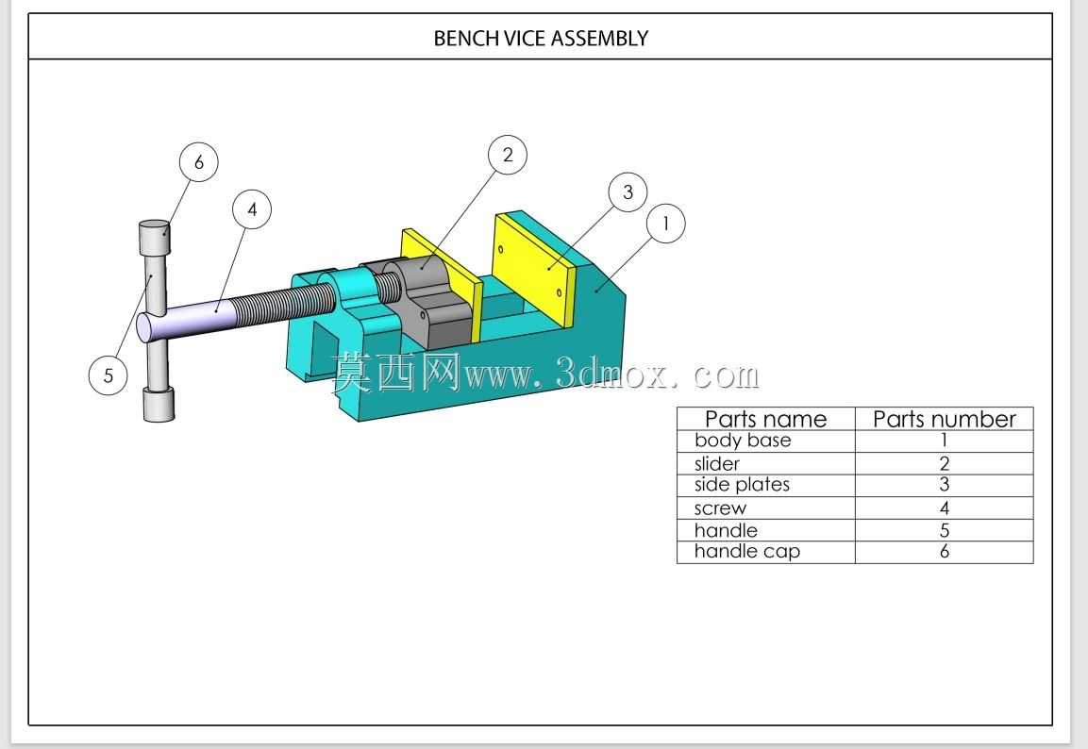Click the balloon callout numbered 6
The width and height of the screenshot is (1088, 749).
[x=198, y=161]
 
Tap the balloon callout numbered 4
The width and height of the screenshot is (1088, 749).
[x=252, y=209]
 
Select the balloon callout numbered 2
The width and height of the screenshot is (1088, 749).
[x=508, y=155]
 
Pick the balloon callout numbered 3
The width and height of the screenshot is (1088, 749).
[x=628, y=192]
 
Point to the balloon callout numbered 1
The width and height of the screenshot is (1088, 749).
[x=665, y=224]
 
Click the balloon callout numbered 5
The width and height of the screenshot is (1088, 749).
[x=109, y=375]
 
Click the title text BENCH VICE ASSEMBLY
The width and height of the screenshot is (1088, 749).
[x=541, y=38]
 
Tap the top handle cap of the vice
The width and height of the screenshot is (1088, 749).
[x=154, y=238]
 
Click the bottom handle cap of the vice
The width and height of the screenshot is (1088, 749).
[x=159, y=405]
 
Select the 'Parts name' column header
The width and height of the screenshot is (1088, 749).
[x=765, y=419]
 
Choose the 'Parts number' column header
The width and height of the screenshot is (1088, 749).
[x=944, y=419]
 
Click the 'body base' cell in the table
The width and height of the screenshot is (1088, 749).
[x=743, y=441]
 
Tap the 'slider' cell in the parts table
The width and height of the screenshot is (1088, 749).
[x=717, y=463]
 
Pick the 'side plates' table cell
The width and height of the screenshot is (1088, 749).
[x=742, y=485]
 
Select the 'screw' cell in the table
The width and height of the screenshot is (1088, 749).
[x=720, y=508]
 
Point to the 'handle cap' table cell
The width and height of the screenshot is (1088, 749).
[x=746, y=551]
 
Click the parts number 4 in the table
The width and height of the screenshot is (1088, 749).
[x=944, y=508]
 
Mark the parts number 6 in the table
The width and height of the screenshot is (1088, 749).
[x=944, y=551]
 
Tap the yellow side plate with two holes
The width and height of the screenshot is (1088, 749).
[x=534, y=271]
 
